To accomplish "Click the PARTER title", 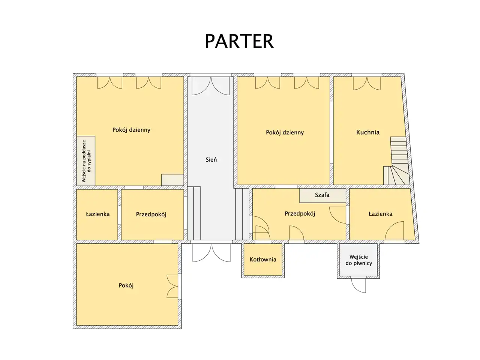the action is pyautogui.click(x=239, y=41).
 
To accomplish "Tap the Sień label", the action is pyautogui.click(x=211, y=160).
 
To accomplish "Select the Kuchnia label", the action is pyautogui.click(x=367, y=132).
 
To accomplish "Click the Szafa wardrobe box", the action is pyautogui.click(x=322, y=195).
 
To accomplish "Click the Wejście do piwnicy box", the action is pyautogui.click(x=358, y=260).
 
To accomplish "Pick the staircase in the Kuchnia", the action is pyautogui.click(x=396, y=161).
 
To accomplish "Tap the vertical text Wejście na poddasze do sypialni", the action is pyautogui.click(x=86, y=161).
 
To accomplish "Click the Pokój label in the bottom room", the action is pyautogui.click(x=126, y=285).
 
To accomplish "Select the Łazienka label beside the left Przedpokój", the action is pyautogui.click(x=97, y=214).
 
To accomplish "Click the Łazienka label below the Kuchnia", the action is pyautogui.click(x=380, y=214).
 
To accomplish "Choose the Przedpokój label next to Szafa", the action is pyautogui.click(x=300, y=213).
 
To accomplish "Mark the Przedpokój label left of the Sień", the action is pyautogui.click(x=151, y=214).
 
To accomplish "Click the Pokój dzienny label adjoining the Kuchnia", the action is pyautogui.click(x=285, y=132).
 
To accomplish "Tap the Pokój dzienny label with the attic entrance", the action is pyautogui.click(x=131, y=130).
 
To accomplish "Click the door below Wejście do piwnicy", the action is pyautogui.click(x=358, y=285).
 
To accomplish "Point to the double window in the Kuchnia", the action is pyautogui.click(x=367, y=83).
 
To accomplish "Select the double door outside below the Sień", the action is pyautogui.click(x=211, y=253).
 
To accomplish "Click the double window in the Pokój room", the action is pyautogui.click(x=172, y=286).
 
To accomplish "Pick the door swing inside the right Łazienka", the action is pyautogui.click(x=394, y=231).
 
